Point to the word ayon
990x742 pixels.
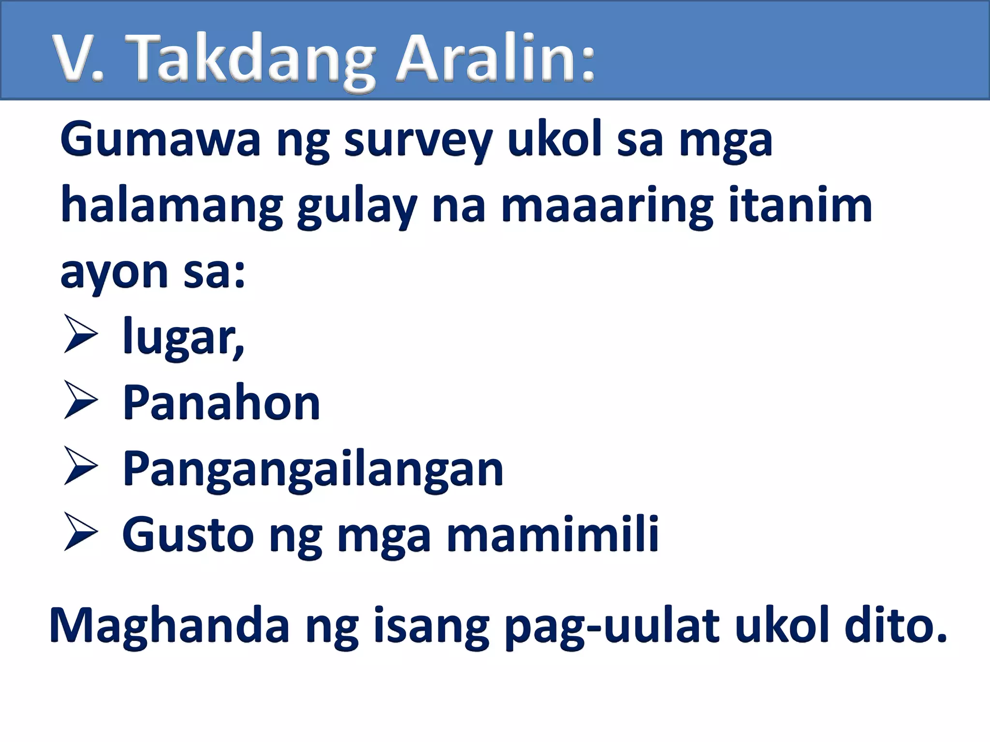pos(114,273)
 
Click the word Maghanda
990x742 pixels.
pos(169,625)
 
